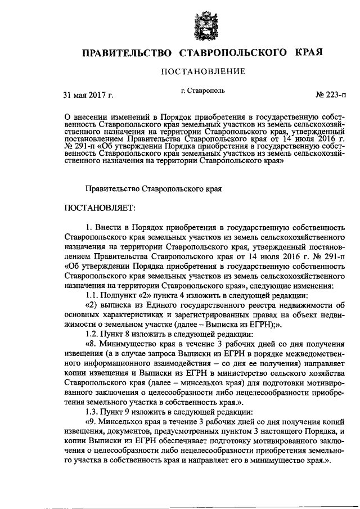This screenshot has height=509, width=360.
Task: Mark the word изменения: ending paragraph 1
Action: tap(312, 286)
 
